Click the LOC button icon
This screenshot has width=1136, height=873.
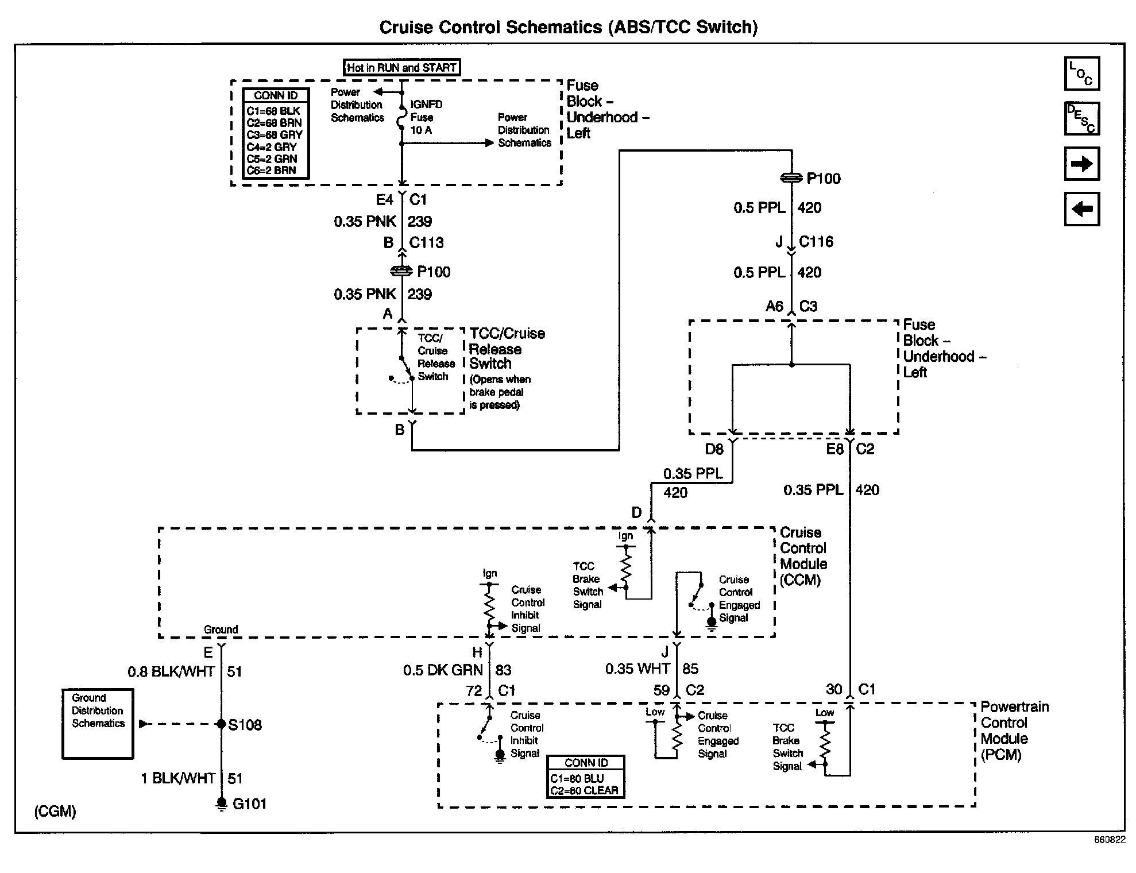click(x=1081, y=74)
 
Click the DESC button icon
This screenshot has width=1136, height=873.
click(x=1081, y=118)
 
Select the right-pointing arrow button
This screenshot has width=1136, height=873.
click(x=1081, y=164)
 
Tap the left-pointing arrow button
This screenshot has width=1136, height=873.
click(x=1081, y=208)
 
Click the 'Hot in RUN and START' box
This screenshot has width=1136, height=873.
click(x=401, y=68)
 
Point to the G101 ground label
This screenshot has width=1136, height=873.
click(x=249, y=804)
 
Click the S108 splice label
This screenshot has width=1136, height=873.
click(x=245, y=725)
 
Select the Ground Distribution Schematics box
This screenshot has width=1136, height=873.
click(x=98, y=724)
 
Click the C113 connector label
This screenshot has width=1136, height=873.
click(x=426, y=242)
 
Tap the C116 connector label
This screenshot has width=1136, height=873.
click(x=816, y=241)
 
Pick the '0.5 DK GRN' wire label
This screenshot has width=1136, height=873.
click(x=443, y=670)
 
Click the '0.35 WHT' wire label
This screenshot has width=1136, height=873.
click(x=637, y=669)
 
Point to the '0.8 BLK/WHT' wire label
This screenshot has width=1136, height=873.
click(x=171, y=671)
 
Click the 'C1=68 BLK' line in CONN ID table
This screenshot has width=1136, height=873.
click(x=273, y=111)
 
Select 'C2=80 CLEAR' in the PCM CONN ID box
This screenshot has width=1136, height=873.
click(x=584, y=790)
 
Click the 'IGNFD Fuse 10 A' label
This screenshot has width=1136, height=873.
click(x=426, y=117)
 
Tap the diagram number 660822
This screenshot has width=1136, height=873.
click(x=1109, y=840)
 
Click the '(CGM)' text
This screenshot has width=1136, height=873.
click(x=55, y=812)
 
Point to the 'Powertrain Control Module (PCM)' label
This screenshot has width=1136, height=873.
click(x=1014, y=731)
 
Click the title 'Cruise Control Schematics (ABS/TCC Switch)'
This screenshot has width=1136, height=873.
click(x=569, y=27)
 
